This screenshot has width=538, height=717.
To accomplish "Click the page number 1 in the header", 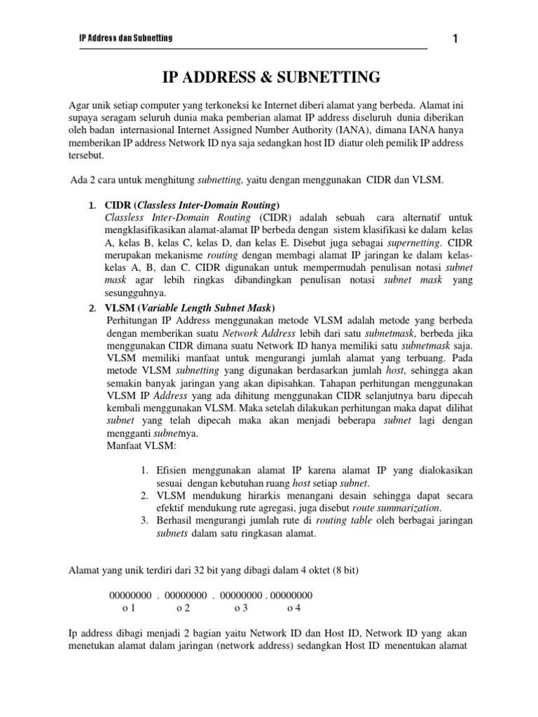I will (455, 39).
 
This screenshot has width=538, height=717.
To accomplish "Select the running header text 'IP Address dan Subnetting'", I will (125, 38).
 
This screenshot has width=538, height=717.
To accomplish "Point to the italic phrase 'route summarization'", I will (396, 508).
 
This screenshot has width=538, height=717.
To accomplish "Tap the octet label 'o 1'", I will (130, 608).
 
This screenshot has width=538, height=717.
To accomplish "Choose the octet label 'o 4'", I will (294, 608).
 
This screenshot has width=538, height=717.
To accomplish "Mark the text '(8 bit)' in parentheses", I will (342, 571).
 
